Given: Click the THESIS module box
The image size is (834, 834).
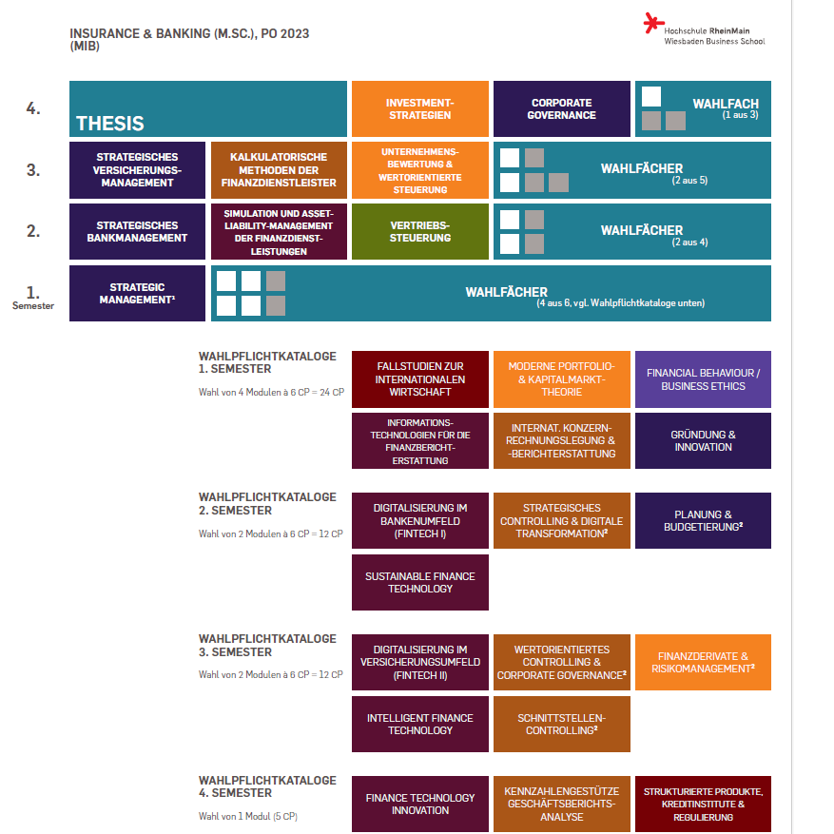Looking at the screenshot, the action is click(208, 109).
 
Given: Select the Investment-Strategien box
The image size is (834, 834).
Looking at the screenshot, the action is click(420, 109).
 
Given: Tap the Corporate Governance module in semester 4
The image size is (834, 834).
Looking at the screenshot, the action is click(562, 109).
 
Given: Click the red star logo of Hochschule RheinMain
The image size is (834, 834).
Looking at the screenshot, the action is click(653, 23).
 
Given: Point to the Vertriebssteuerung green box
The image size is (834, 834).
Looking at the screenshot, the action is click(420, 231).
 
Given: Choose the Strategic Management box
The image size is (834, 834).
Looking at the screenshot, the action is click(137, 293).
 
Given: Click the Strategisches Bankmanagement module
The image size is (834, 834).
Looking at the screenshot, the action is click(137, 231).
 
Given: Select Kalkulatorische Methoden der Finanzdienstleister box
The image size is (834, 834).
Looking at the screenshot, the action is click(279, 170).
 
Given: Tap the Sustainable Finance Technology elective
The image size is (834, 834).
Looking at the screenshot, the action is click(420, 582).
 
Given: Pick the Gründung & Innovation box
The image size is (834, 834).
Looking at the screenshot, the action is click(703, 441).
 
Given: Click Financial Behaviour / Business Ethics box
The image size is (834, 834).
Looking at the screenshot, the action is click(703, 379).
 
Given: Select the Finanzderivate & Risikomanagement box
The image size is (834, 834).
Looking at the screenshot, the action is click(703, 662).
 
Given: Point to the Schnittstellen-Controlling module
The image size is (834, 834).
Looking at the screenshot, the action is click(562, 724).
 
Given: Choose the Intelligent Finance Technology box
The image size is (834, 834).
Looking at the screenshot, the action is click(420, 724).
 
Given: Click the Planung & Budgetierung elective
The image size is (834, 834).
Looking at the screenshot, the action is click(703, 521).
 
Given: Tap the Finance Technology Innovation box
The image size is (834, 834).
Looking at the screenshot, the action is click(420, 804).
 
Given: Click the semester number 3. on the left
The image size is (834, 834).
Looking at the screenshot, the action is click(33, 170).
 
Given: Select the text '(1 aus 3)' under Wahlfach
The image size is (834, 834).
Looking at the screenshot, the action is click(740, 115).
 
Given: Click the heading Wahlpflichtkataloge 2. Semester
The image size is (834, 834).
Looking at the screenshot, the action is click(267, 504).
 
